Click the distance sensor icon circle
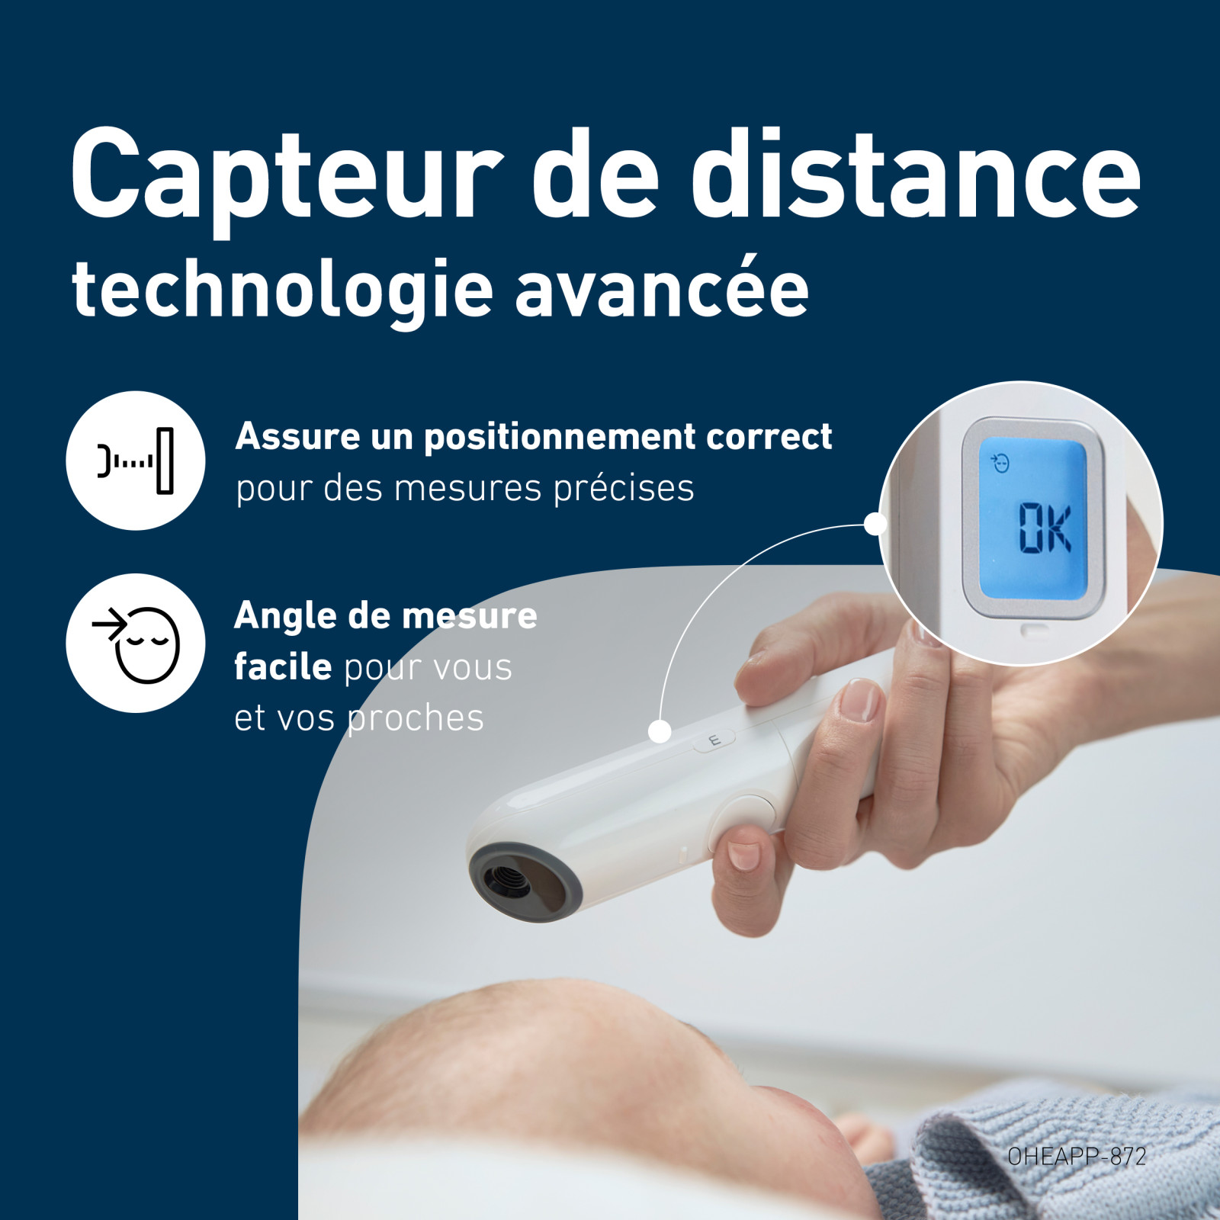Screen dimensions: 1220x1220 click(x=136, y=461)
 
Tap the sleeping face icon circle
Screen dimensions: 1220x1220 click(x=136, y=643)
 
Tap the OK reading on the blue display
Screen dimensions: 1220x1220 click(x=1045, y=528)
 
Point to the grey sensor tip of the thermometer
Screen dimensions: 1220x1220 click(x=525, y=882)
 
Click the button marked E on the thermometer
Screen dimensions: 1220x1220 click(x=714, y=740)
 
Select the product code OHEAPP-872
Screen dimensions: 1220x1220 click(x=1077, y=1157)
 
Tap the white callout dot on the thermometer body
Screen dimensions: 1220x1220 click(x=660, y=732)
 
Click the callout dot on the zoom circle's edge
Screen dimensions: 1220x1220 click(x=876, y=524)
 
